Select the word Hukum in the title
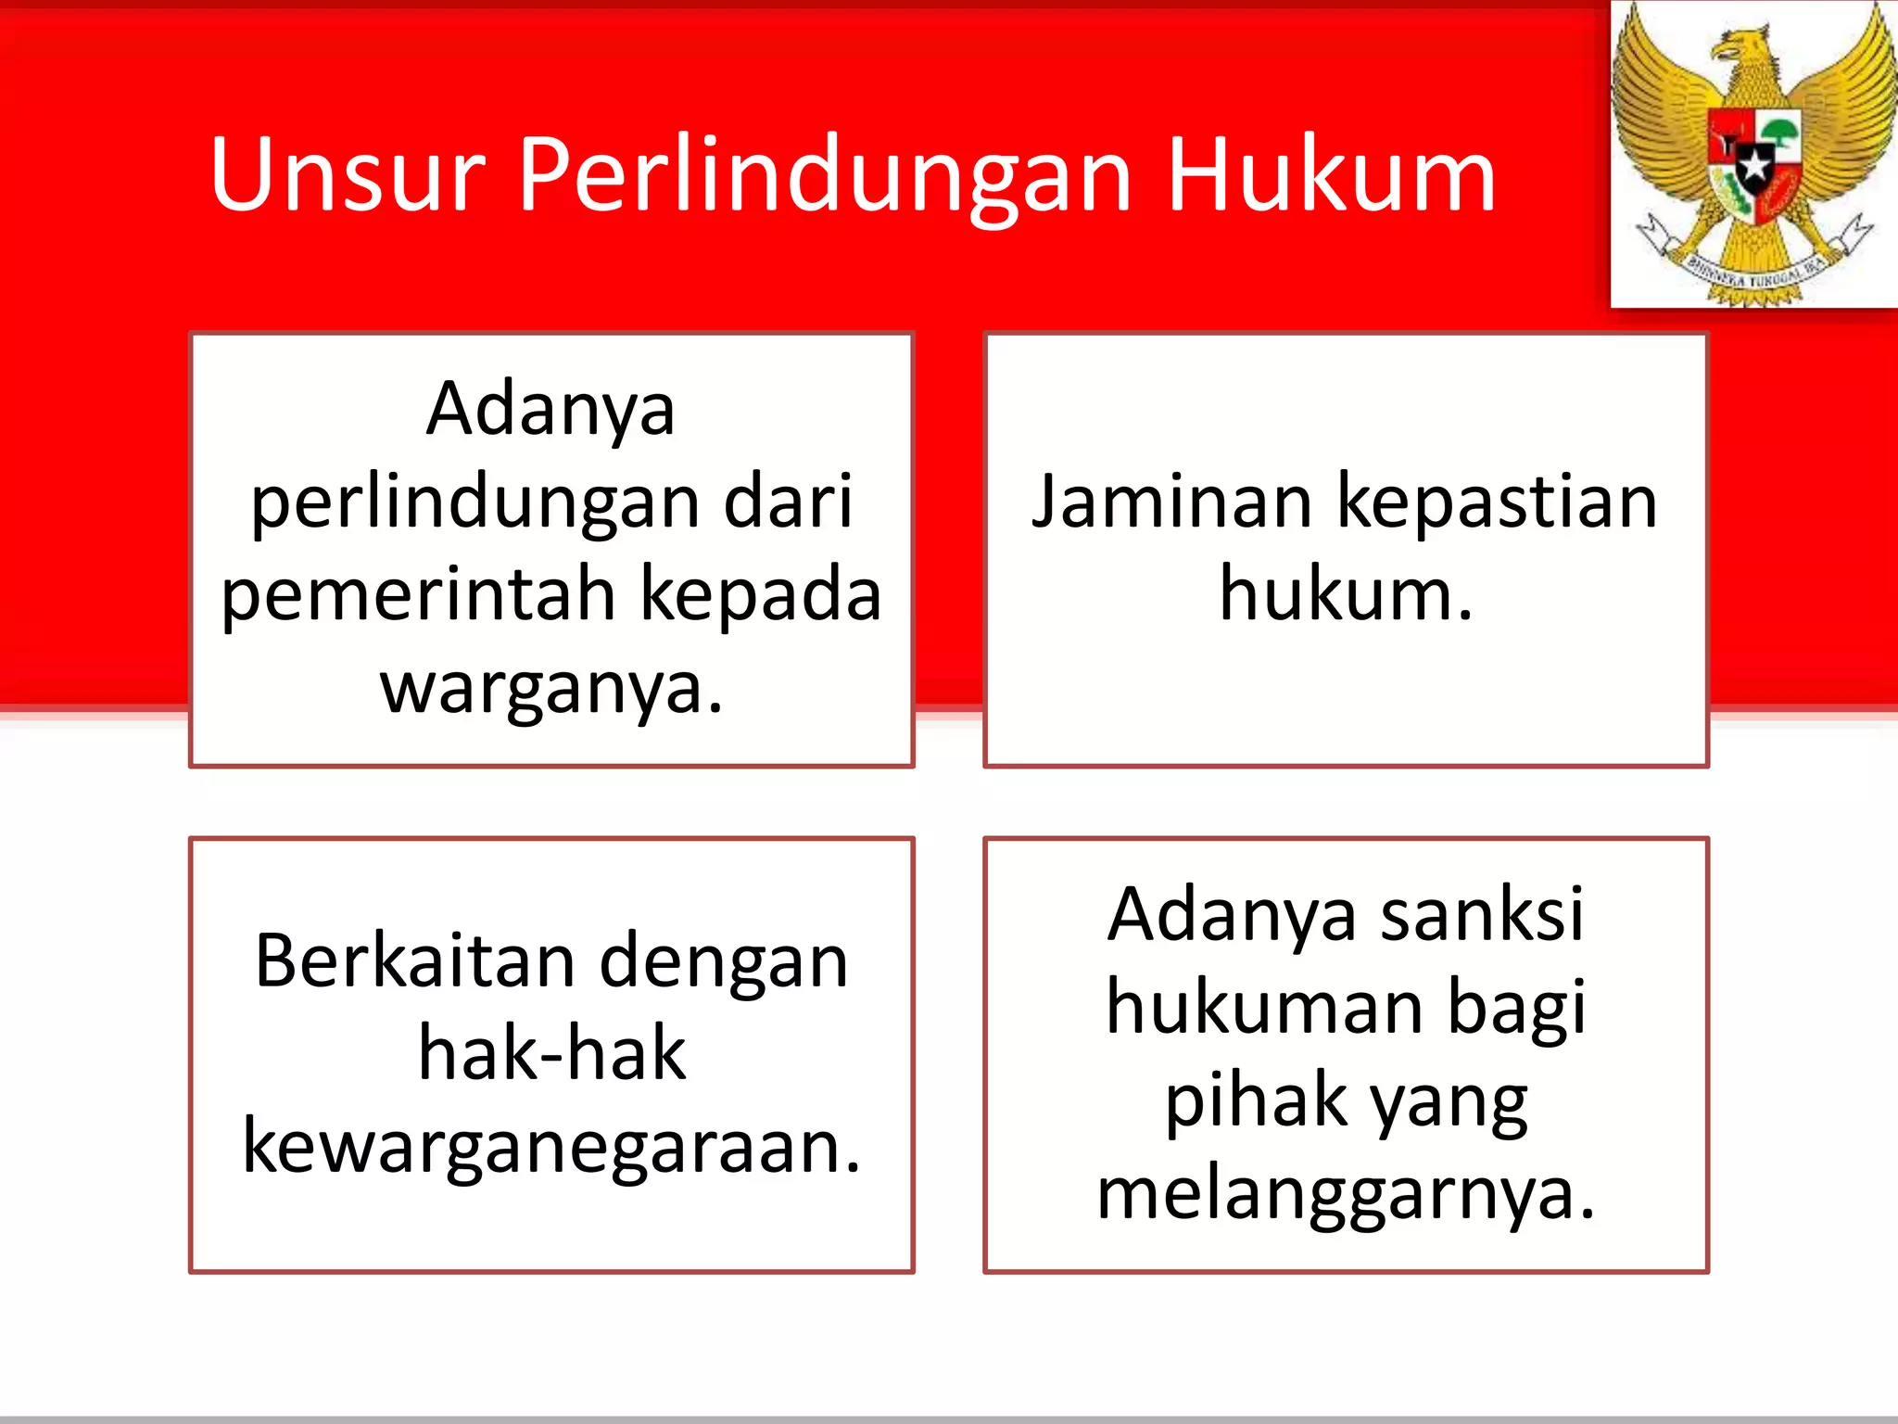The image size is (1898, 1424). click(x=1331, y=174)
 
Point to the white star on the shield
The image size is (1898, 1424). click(x=1754, y=166)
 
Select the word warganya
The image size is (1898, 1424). click(x=550, y=688)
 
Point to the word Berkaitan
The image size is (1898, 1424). click(x=414, y=961)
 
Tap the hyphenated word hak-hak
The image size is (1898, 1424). click(x=551, y=1053)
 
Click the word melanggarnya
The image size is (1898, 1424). click(x=1346, y=1195)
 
